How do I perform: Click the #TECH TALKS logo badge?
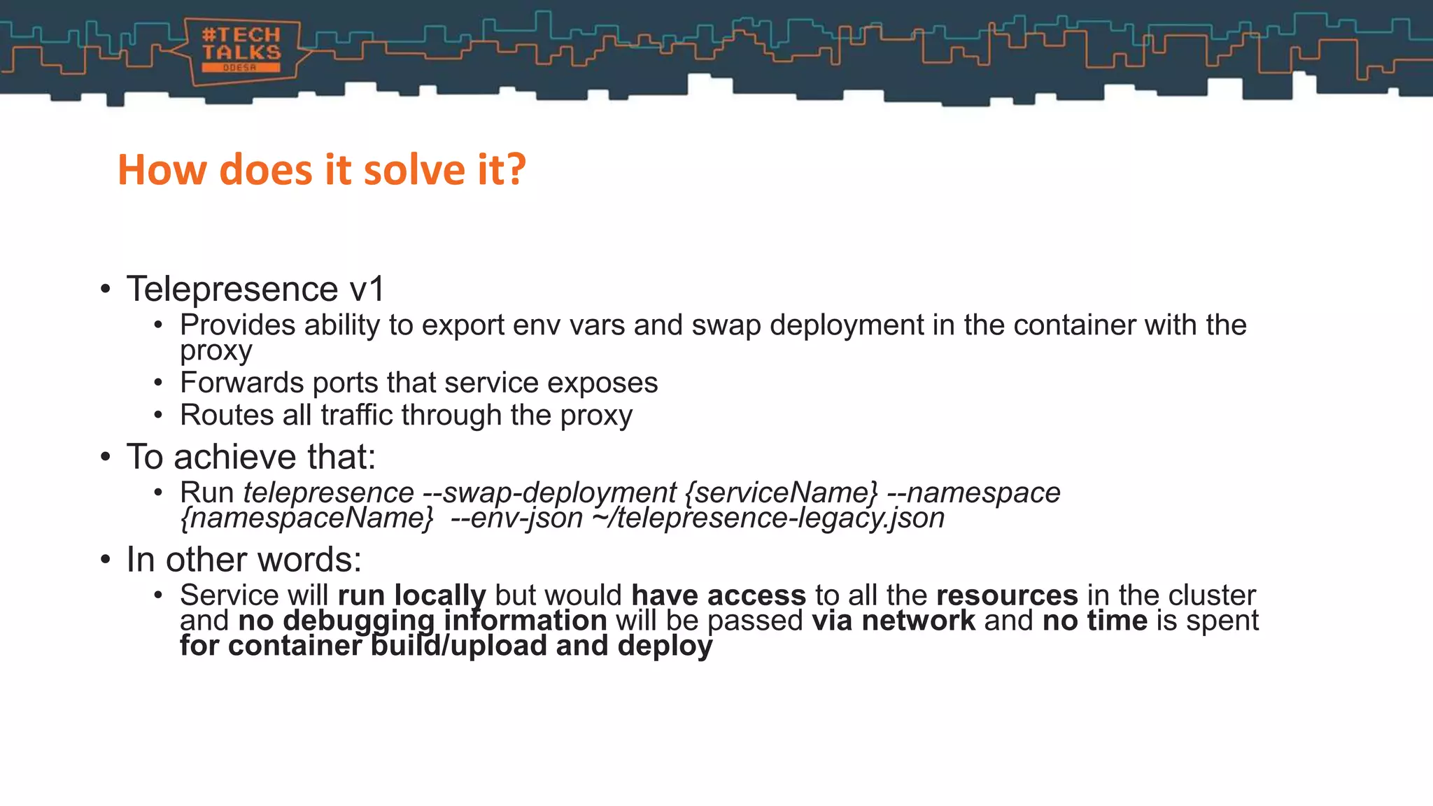click(x=241, y=50)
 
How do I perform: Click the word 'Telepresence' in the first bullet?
click(x=232, y=289)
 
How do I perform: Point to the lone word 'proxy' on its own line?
click(x=216, y=351)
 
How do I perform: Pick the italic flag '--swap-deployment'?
click(x=549, y=493)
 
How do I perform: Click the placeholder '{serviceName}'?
click(x=781, y=493)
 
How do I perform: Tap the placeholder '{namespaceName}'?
click(x=306, y=518)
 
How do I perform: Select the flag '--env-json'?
click(x=516, y=518)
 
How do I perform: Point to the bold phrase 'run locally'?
click(x=411, y=595)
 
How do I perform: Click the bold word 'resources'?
click(x=1007, y=595)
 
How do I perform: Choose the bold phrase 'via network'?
click(x=894, y=621)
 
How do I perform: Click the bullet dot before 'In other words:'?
click(x=105, y=560)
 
